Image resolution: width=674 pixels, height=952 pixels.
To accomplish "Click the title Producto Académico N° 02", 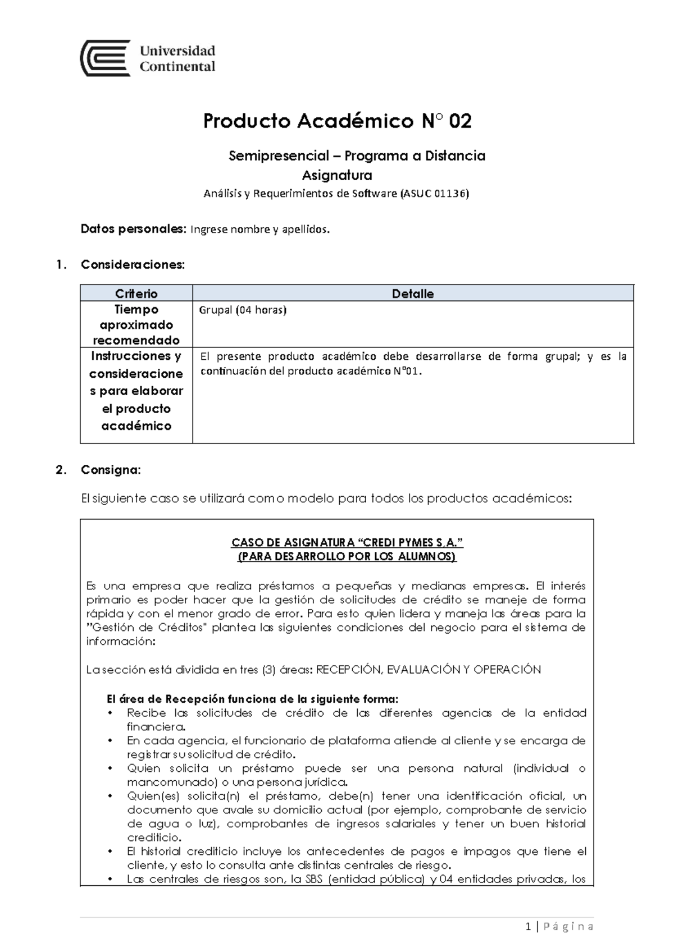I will (337, 121).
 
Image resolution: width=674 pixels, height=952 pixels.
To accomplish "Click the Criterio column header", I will (136, 294).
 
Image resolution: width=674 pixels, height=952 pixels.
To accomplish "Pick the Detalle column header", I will (413, 294).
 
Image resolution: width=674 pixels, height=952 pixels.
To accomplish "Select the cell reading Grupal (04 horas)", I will (243, 310).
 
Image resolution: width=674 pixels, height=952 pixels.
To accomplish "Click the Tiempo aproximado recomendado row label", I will (136, 324).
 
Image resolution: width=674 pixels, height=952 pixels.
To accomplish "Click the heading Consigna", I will (111, 469).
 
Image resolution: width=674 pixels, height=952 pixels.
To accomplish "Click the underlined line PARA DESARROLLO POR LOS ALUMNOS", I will (348, 556).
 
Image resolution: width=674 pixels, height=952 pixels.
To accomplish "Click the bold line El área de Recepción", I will (252, 699).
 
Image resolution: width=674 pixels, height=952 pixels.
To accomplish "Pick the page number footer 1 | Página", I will (559, 927).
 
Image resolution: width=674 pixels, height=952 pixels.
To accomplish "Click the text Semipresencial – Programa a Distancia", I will (357, 155).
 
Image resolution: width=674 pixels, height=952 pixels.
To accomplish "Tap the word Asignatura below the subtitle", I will (337, 175).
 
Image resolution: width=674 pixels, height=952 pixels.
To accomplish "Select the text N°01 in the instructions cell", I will (404, 371).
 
